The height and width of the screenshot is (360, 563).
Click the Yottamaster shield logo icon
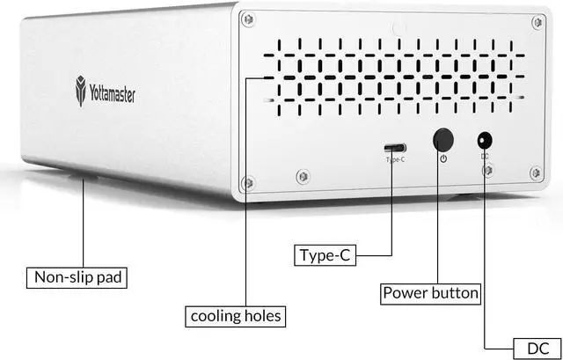81,92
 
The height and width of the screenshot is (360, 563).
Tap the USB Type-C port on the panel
395,148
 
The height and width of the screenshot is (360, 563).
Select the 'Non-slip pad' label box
79,279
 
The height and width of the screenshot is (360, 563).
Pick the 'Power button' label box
430,292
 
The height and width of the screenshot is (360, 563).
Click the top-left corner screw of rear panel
248,19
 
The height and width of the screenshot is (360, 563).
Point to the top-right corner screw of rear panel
537,22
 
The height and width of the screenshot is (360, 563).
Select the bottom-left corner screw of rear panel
248,182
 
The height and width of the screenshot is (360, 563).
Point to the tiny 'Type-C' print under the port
395,160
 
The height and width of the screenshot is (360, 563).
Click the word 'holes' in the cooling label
263,314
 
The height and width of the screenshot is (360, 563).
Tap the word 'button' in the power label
453,292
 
